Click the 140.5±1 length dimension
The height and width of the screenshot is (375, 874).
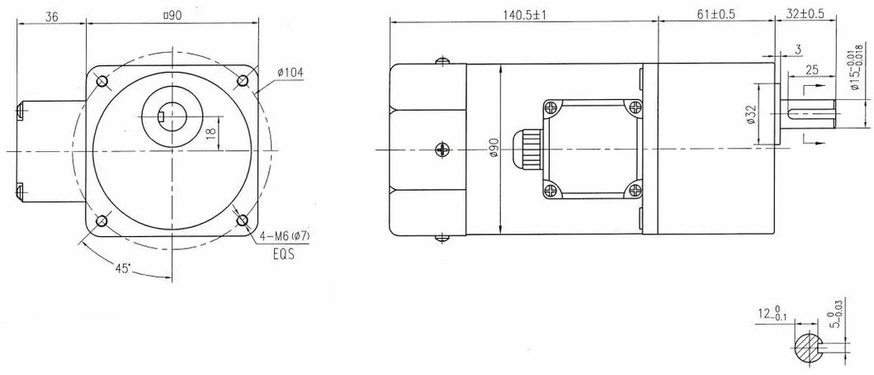(x=524, y=15)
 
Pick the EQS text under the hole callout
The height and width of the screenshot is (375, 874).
(x=284, y=256)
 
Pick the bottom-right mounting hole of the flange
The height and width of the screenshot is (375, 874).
(x=243, y=221)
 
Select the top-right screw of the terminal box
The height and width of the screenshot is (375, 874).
(x=634, y=106)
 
